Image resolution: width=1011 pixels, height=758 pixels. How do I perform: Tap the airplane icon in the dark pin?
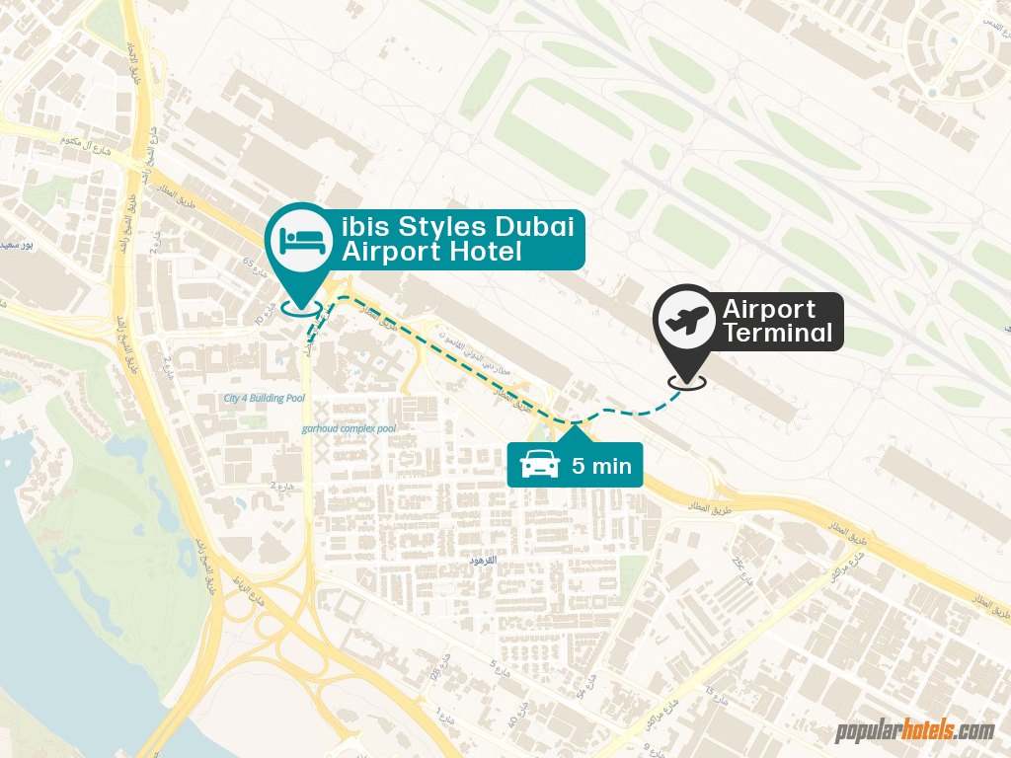point(688,320)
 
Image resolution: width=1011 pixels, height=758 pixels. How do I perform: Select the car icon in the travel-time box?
point(539,463)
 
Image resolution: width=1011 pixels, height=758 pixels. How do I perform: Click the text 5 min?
point(601,466)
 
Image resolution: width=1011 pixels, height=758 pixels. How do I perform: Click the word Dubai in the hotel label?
point(541,226)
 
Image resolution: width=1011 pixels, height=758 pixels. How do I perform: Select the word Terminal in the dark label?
point(778,333)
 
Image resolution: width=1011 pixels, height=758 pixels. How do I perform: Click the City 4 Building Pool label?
point(265,399)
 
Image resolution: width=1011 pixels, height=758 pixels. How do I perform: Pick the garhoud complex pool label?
point(350,428)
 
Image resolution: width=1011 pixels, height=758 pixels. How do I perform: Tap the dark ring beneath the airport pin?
point(687,381)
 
